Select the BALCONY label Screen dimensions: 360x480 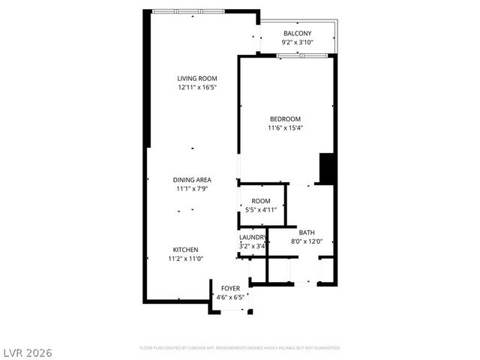pos(297,34)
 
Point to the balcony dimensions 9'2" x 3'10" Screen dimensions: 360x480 pos(297,43)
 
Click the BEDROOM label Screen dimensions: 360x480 pos(285,118)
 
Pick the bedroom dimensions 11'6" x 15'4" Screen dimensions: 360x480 pos(285,127)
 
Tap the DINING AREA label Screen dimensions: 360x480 pos(192,180)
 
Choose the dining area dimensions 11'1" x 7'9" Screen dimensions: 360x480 pos(192,189)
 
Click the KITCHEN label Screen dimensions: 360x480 pos(186,250)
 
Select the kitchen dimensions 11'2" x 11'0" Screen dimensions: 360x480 pos(186,259)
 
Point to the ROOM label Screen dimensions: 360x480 pos(261,201)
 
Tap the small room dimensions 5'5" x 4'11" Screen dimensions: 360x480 pos(261,210)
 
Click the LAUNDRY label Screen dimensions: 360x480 pos(253,237)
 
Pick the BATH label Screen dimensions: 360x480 pos(306,232)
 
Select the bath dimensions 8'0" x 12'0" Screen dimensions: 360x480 pos(306,241)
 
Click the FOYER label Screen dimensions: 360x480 pos(230,289)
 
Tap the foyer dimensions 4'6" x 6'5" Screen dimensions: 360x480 pos(230,298)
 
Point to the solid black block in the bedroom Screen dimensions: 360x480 pos(326,168)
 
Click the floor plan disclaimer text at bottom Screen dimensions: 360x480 pos(240,348)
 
